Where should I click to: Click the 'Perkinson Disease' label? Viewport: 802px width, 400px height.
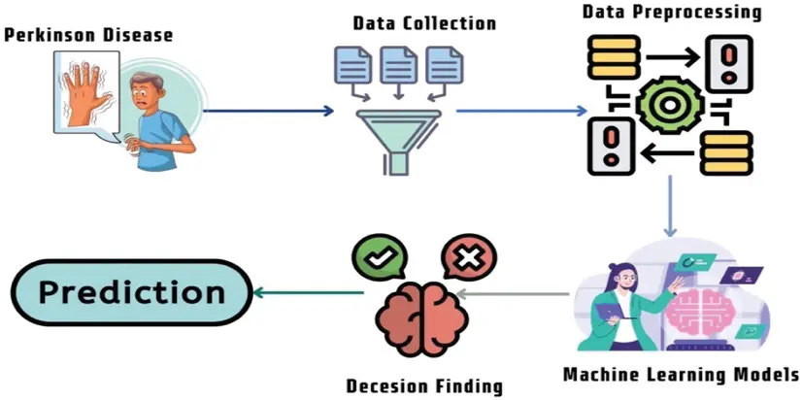pos(88,35)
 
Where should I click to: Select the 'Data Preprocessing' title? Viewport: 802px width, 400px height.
pos(672,13)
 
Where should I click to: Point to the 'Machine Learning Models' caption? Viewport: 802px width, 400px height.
pos(681,374)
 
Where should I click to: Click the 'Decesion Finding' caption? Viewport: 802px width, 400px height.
pos(424,385)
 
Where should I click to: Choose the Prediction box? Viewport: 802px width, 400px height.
pos(131,292)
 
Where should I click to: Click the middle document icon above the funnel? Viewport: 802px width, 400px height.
pos(397,64)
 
